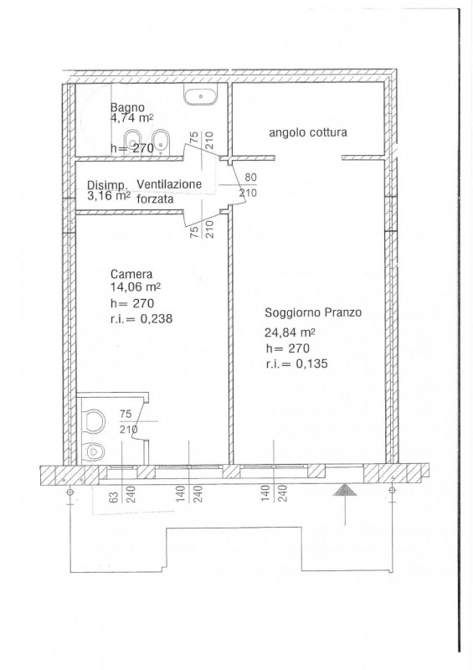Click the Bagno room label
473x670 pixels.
click(x=127, y=108)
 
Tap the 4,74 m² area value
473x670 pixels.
click(x=132, y=118)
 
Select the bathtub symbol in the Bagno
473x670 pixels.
click(x=201, y=94)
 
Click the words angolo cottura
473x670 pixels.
click(x=307, y=132)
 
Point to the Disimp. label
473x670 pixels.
click(x=107, y=186)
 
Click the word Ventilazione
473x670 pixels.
click(x=169, y=184)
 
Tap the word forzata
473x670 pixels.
click(x=155, y=198)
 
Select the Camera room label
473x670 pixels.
click(x=131, y=274)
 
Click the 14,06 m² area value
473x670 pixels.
click(x=135, y=287)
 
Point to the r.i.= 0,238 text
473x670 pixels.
click(x=141, y=318)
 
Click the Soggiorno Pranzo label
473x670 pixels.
click(x=313, y=312)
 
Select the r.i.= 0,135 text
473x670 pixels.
click(x=296, y=363)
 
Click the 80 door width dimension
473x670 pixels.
click(x=250, y=177)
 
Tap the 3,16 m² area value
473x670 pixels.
click(x=109, y=196)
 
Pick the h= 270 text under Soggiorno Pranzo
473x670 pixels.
click(x=287, y=348)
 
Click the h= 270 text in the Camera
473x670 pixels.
click(x=132, y=303)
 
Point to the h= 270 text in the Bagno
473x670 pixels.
click(x=132, y=149)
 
